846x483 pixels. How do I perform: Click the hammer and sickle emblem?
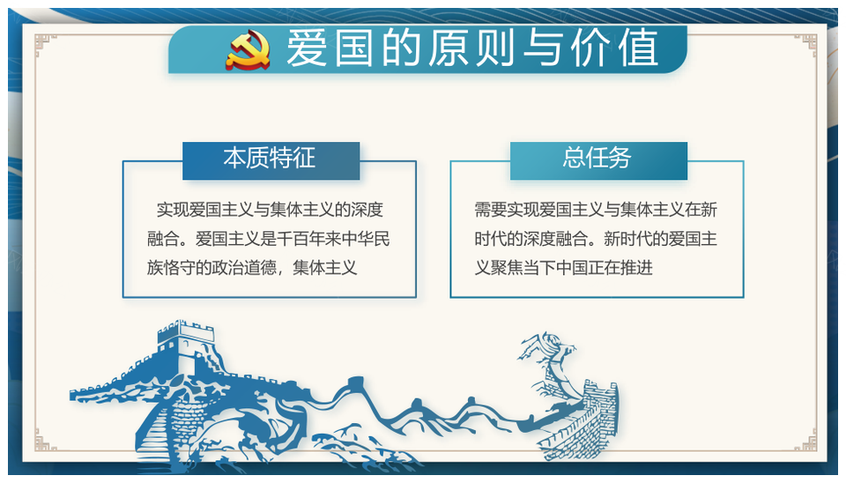(x=249, y=50)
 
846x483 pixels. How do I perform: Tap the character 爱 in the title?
(x=307, y=48)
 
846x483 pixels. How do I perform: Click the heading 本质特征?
(x=270, y=158)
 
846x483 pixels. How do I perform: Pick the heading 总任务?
(x=597, y=158)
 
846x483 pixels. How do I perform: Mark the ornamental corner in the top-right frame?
(x=805, y=45)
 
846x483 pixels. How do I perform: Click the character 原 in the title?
(x=449, y=48)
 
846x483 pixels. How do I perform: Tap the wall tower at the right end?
(x=599, y=410)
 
